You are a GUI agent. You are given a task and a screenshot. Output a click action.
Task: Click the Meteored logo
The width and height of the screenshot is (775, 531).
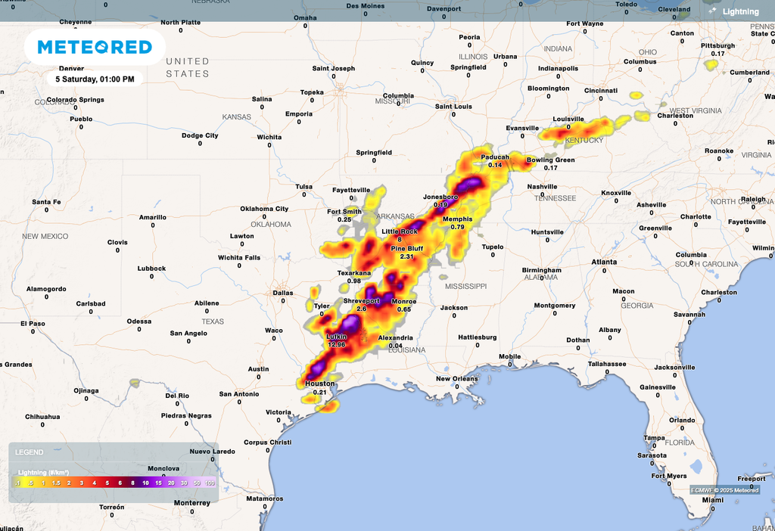pos(95,47)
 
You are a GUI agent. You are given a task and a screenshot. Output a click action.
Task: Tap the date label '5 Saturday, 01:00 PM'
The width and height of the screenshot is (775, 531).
pos(95,79)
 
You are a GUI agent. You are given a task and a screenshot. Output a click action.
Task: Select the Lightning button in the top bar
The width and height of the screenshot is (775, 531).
pos(733,11)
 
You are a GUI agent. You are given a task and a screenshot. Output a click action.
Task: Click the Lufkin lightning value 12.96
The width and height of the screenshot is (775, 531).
pos(336,344)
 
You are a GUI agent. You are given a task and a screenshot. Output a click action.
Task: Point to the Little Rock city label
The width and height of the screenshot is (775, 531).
pos(399,231)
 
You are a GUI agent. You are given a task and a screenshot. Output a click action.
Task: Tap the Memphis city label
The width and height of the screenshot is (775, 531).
pos(457,219)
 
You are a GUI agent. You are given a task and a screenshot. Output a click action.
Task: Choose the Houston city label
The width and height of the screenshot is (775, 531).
pos(319,384)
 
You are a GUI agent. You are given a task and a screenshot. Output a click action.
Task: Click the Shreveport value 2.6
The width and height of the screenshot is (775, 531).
pos(361,309)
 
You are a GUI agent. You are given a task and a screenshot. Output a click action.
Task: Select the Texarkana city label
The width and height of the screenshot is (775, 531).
pos(354,272)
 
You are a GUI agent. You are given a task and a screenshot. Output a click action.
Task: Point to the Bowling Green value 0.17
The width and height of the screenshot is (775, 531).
pos(550,168)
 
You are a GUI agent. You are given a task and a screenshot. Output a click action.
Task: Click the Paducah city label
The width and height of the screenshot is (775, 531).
pos(495,157)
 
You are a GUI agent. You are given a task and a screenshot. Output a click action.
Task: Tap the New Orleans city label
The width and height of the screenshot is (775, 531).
pos(456,379)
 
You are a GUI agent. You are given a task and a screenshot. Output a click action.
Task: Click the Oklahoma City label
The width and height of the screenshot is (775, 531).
pos(264,209)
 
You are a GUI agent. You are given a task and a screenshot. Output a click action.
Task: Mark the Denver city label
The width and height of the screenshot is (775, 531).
pos(71,68)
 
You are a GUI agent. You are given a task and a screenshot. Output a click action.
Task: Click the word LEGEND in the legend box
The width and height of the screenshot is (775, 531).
pos(29,452)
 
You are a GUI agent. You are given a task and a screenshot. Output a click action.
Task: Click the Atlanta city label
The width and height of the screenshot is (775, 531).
pos(604,262)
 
